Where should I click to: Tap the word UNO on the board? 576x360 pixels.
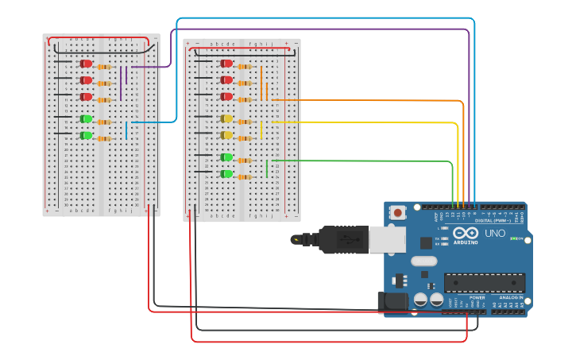click(495, 234)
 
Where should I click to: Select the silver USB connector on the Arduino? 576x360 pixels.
click(386, 238)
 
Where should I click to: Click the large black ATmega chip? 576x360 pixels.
click(484, 283)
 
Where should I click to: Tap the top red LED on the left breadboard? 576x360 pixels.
click(86, 64)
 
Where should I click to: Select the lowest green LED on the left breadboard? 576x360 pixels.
click(86, 136)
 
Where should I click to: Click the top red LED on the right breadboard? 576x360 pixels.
click(226, 64)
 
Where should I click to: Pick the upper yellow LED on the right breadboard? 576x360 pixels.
click(226, 119)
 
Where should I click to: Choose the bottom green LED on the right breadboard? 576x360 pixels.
click(226, 173)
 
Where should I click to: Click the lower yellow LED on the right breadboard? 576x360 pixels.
click(226, 136)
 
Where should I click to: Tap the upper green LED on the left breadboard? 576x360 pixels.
click(86, 119)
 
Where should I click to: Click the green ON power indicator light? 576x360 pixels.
click(514, 238)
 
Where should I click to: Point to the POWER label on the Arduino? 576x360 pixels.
click(477, 297)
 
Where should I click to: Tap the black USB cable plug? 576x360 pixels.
click(342, 239)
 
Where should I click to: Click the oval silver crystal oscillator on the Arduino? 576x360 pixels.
click(424, 261)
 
